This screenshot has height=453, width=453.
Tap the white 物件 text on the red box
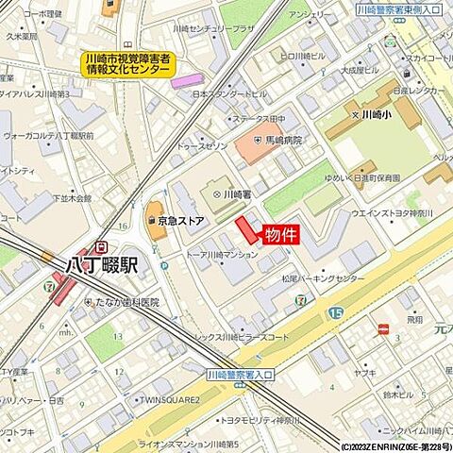click(280, 235)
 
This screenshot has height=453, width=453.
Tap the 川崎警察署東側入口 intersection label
click(400, 8)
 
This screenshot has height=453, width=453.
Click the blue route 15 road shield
click(335, 311)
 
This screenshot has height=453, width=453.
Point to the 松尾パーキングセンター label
click(323, 279)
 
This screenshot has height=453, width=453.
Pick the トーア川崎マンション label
click(222, 255)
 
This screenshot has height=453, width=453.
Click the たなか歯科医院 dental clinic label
click(126, 303)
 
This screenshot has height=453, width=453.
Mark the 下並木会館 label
click(72, 199)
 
